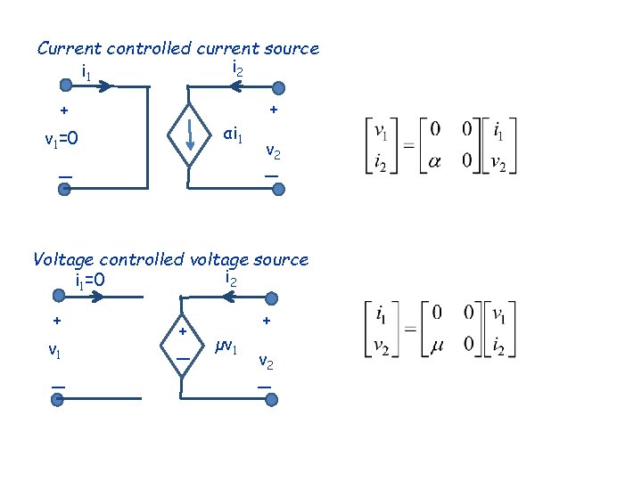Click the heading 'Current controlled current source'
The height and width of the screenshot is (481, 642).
tap(177, 49)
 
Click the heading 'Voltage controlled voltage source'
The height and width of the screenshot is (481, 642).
tap(169, 260)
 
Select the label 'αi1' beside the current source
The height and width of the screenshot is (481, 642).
tap(234, 136)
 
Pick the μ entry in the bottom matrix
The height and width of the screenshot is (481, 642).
tap(435, 343)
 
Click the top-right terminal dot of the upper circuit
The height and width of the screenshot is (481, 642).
tap(278, 87)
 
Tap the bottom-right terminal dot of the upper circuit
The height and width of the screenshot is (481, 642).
tap(278, 189)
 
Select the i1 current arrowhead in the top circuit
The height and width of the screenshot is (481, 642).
tap(107, 87)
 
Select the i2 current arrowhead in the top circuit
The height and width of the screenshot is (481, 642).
tap(235, 87)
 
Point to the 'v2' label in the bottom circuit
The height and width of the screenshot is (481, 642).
tap(267, 362)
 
